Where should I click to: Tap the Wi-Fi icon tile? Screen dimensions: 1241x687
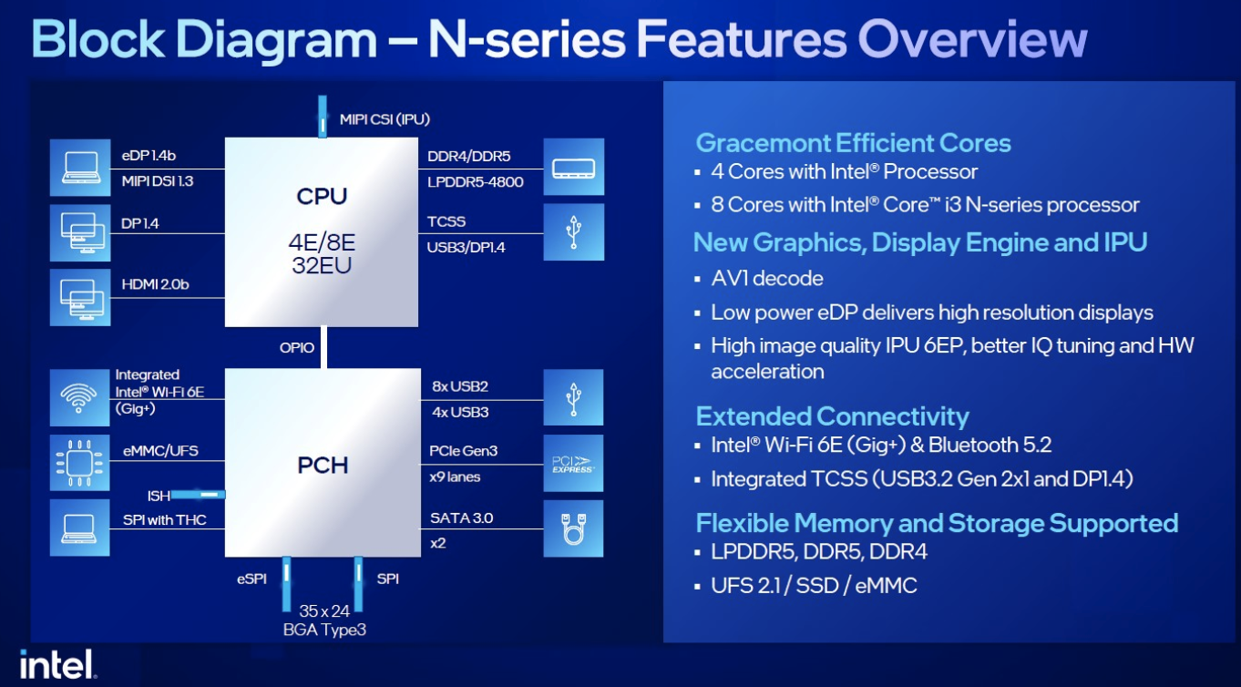click(79, 398)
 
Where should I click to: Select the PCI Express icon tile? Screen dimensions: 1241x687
click(573, 463)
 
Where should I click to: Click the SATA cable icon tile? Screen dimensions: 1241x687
click(573, 528)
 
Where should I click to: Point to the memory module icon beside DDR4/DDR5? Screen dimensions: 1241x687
click(573, 167)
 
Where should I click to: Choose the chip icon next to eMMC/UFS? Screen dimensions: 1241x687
click(79, 463)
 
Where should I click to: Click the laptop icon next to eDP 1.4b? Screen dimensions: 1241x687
click(80, 168)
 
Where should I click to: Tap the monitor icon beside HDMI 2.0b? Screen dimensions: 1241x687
click(80, 298)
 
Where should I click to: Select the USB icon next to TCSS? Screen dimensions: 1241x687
click(573, 232)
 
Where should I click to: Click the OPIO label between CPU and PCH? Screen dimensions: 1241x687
click(297, 348)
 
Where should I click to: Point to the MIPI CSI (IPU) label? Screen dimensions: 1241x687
click(385, 119)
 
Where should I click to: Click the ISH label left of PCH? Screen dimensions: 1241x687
click(159, 496)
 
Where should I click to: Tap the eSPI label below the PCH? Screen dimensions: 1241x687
click(251, 579)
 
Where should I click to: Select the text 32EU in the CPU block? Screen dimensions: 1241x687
click(322, 265)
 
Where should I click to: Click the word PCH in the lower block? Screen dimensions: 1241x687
click(323, 465)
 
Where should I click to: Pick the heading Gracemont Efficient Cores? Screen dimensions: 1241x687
click(853, 143)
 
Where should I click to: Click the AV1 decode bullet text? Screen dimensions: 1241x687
click(767, 278)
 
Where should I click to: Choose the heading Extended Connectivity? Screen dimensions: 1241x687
click(832, 416)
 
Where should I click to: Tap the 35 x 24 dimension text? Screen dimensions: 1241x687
click(324, 611)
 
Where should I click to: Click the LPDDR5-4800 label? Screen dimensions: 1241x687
click(475, 181)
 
